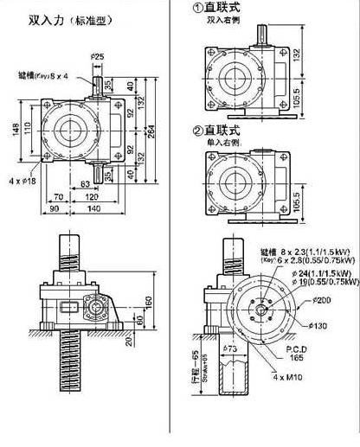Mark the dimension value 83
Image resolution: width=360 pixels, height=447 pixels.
[87, 185]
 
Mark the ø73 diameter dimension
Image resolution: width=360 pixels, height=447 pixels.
[230, 348]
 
